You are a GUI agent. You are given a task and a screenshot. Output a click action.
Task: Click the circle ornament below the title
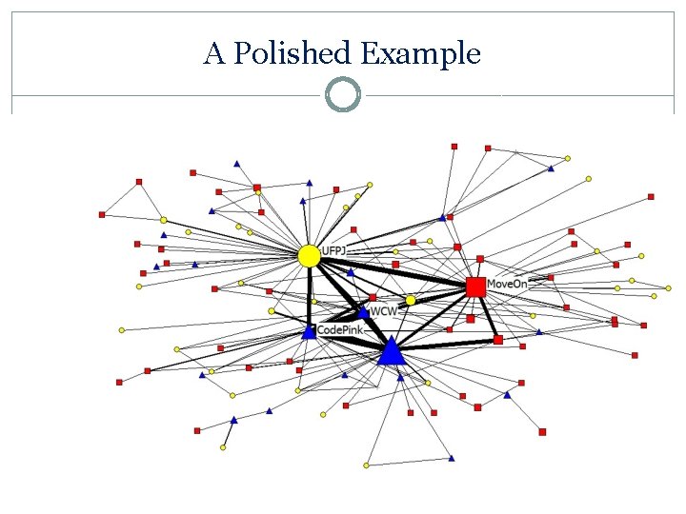343,95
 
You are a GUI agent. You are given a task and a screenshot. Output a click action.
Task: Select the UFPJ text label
334,251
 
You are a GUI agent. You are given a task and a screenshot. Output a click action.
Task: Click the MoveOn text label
507,284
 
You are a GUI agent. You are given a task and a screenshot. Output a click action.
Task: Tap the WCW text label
384,311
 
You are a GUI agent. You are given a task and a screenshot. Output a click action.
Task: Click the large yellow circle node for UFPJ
309,255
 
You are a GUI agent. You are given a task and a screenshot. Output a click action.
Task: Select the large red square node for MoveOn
475,287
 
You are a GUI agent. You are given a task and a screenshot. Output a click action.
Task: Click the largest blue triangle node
391,352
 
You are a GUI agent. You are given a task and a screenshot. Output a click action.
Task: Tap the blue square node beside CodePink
309,332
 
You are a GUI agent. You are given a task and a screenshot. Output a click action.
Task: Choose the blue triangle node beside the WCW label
363,311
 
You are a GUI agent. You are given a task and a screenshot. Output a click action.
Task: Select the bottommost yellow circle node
366,465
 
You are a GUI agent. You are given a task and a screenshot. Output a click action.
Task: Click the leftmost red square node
102,215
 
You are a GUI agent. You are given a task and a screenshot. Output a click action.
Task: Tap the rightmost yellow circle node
654,296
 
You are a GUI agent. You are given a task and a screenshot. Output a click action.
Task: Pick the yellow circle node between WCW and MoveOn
411,301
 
